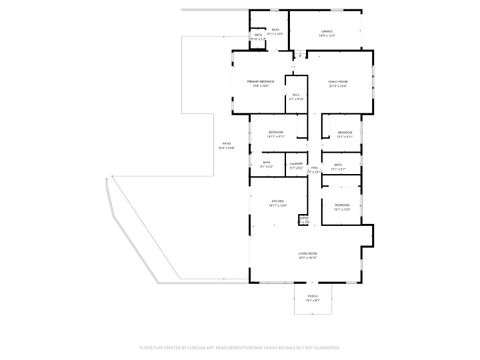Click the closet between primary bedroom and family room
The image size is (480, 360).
[x=297, y=96]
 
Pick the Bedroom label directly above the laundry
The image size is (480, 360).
[x=276, y=133]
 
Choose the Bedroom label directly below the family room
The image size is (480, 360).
[x=345, y=133]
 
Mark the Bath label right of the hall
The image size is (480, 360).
[x=339, y=165]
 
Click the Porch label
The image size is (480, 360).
[x=313, y=297]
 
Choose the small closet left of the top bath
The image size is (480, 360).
[x=258, y=36]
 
